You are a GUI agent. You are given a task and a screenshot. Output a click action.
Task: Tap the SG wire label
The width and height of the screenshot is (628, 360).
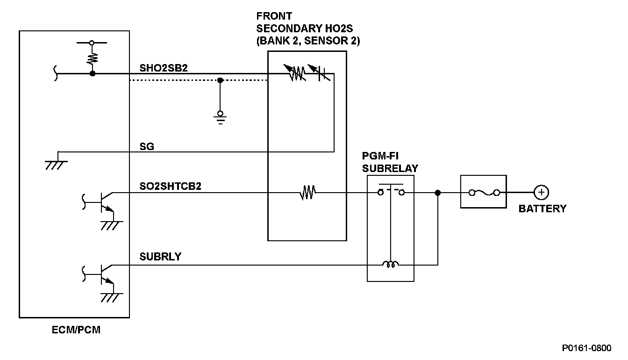(147, 146)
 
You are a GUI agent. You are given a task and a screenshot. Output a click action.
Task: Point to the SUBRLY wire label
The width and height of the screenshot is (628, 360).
(160, 257)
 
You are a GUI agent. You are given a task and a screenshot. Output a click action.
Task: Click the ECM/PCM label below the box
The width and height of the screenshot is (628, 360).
(76, 331)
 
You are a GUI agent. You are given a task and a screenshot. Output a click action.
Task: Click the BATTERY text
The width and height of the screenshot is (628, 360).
(542, 209)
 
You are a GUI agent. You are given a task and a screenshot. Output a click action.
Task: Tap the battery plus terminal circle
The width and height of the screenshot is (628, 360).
(541, 193)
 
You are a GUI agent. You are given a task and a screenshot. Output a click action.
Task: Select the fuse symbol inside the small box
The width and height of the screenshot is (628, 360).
(484, 193)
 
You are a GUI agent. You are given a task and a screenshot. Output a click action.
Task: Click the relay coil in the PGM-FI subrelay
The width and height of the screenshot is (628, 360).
(390, 265)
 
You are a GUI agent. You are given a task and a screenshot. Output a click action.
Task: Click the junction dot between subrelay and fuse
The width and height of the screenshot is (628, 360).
(438, 193)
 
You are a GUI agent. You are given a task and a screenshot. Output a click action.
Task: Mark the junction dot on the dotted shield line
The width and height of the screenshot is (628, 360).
(221, 80)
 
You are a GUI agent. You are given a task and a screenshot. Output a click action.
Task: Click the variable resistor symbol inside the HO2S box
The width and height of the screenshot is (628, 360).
(295, 72)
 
